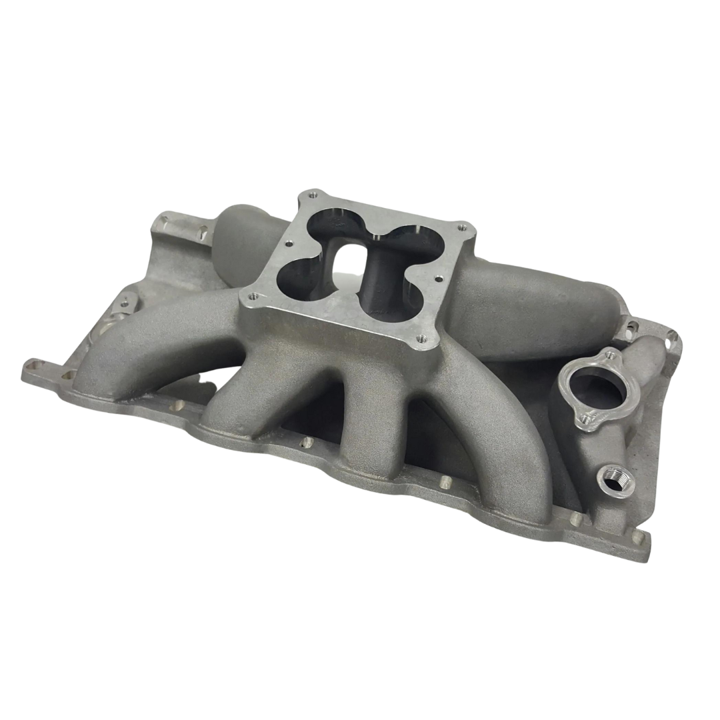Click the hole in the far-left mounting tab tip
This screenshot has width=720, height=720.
(31, 365)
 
